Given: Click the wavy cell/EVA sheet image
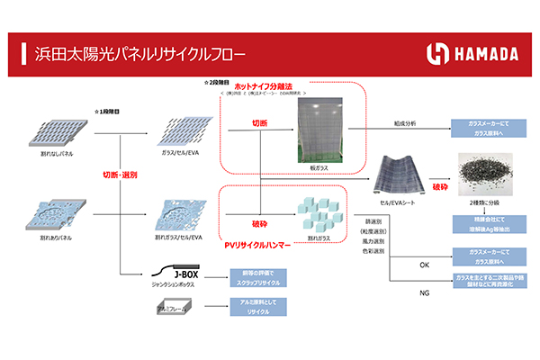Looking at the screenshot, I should click(399, 172).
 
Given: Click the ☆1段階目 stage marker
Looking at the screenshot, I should click(106, 112).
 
